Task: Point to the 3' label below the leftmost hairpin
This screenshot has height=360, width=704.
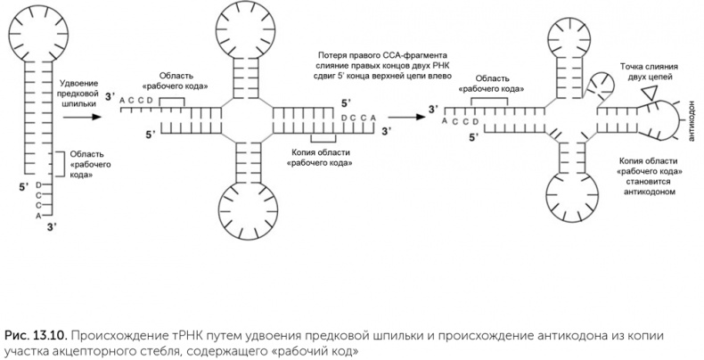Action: coord(50,229)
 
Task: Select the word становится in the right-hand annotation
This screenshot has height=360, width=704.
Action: coord(650,181)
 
